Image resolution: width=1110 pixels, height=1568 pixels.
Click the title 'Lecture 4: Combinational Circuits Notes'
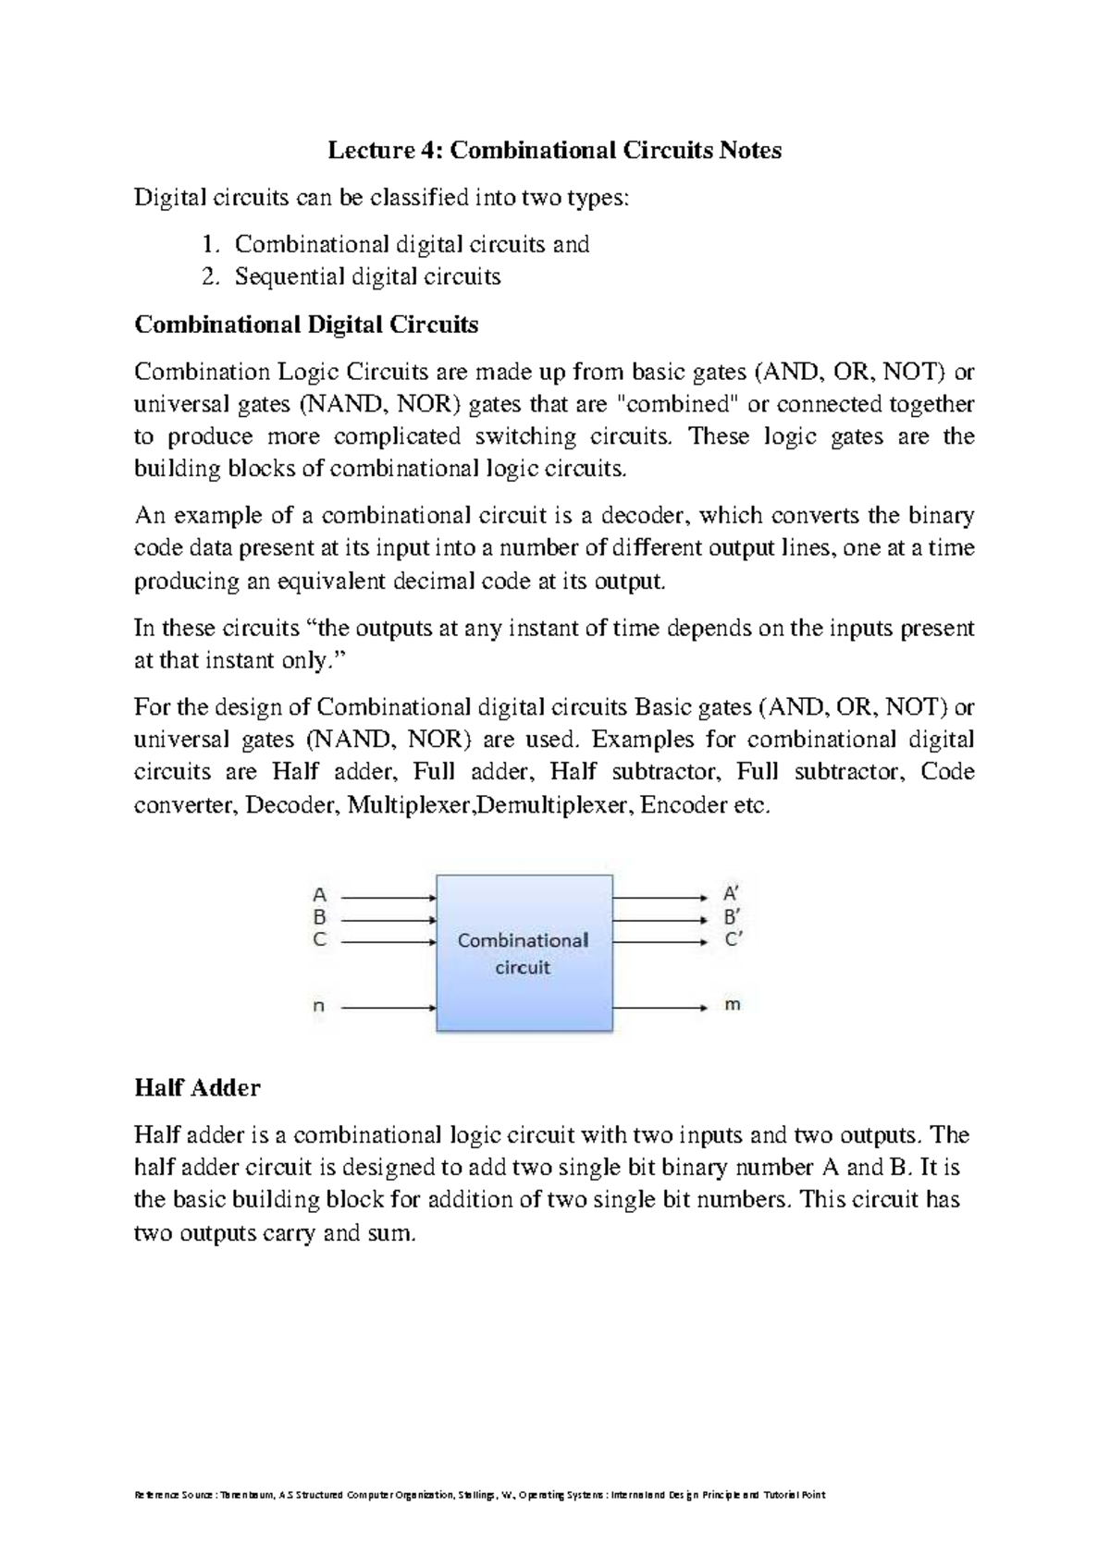(x=554, y=151)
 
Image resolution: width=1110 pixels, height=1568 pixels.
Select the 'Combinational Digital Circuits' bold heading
(x=306, y=325)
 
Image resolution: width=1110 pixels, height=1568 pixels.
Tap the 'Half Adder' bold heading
(x=197, y=1087)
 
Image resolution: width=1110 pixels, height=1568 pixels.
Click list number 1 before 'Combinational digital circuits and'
(x=209, y=245)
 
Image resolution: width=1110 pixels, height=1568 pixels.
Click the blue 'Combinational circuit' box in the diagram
(x=524, y=953)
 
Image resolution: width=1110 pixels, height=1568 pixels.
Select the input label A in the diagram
(x=320, y=895)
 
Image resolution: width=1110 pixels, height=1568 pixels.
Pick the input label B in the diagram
(x=320, y=918)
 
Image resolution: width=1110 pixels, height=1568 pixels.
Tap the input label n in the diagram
(x=319, y=1007)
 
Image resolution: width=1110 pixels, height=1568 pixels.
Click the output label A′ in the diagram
(x=731, y=895)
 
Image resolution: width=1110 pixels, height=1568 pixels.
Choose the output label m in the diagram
(x=732, y=1005)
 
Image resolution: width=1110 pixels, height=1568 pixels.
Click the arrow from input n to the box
(x=388, y=1007)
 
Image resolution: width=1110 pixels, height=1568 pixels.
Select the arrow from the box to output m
(x=659, y=1007)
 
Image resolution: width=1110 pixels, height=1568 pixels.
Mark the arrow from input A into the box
(x=388, y=897)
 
